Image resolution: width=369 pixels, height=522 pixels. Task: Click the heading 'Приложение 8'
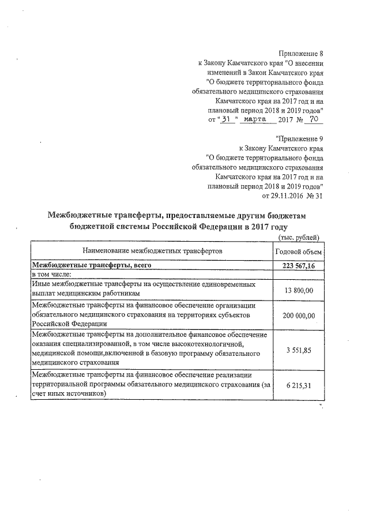click(301, 54)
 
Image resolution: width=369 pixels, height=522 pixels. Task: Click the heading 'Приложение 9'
click(300, 138)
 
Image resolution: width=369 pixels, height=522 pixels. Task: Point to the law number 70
click(313, 120)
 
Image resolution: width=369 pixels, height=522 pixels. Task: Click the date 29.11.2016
click(281, 196)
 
